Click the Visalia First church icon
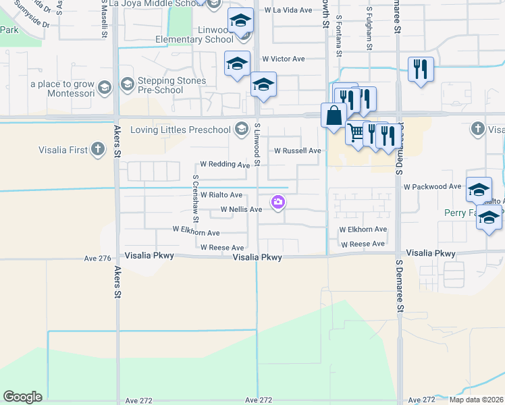(98, 150)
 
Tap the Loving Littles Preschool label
(180, 129)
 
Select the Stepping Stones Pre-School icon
(126, 84)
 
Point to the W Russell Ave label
(296, 151)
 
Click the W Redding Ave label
(225, 165)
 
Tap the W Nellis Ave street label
(236, 210)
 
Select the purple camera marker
(277, 202)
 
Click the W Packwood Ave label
(432, 186)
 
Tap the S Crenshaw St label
(195, 199)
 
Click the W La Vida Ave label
(288, 11)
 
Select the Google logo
(22, 397)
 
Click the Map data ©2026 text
(475, 400)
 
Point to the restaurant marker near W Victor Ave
(421, 69)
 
